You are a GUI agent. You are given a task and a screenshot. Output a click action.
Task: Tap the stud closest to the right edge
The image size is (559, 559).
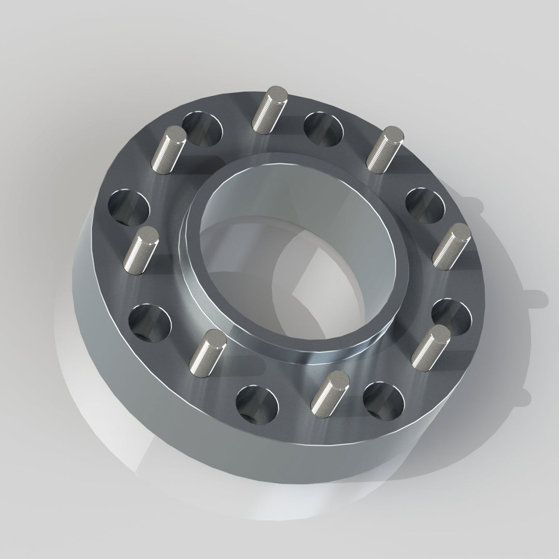452,246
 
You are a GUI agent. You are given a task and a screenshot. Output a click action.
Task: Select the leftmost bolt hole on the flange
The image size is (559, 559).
128,207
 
